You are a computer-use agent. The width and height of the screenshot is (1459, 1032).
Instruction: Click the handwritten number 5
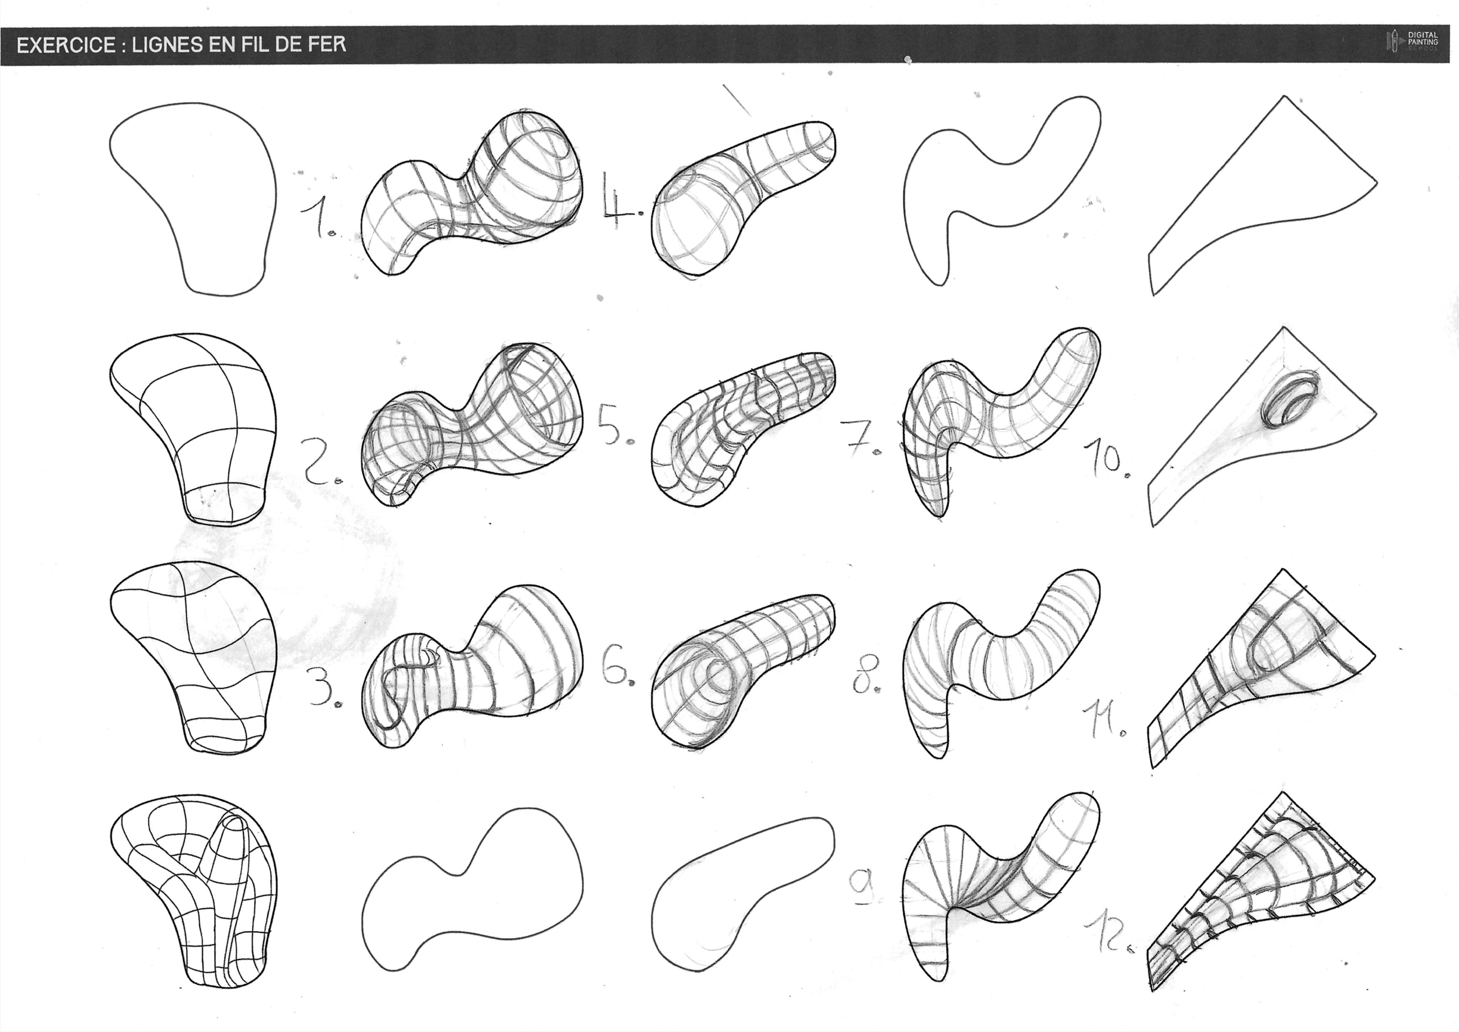tap(612, 424)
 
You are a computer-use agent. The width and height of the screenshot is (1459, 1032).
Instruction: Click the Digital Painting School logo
tap(1412, 42)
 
